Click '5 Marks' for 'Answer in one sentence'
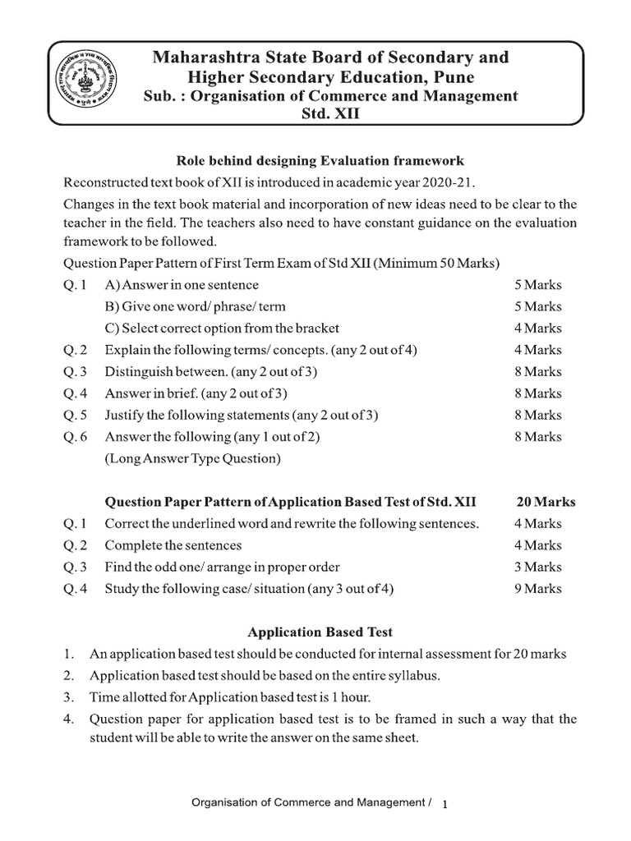pos(538,285)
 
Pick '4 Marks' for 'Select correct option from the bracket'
pos(538,328)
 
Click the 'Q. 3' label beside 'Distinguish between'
pos(75,371)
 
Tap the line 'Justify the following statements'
pos(242,415)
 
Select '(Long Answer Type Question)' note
pos(192,458)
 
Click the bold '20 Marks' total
pos(546,502)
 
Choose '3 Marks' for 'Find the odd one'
pos(538,567)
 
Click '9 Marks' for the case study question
pos(538,588)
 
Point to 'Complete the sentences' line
pos(173,545)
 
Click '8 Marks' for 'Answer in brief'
pos(538,393)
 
